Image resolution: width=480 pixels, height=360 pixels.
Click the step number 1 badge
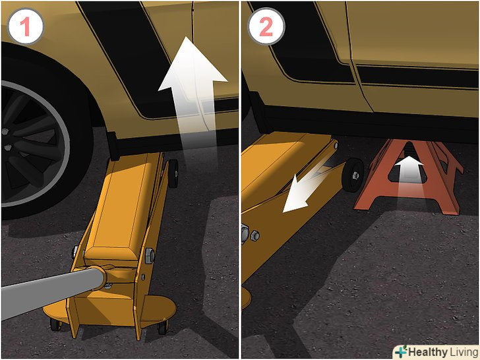point(26,26)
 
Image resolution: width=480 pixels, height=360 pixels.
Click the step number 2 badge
point(266,26)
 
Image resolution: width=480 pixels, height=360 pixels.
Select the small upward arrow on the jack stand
point(409,175)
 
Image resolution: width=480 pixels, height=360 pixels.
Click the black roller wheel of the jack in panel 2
point(353,175)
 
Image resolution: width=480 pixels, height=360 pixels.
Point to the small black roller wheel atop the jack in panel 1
point(173,173)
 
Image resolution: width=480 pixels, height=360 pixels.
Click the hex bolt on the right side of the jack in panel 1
point(149,256)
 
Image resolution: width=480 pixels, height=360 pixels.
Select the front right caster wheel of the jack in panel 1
point(163,328)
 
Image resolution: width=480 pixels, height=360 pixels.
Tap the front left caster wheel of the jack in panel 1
point(56,324)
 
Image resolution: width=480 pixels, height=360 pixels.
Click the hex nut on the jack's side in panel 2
point(255,236)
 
